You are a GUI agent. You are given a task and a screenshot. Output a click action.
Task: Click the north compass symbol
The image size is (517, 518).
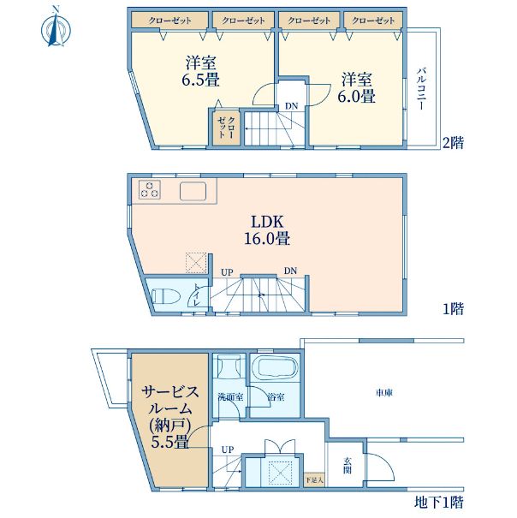pos(56,27)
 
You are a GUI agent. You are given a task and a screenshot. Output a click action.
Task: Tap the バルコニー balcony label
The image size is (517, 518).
pos(421,88)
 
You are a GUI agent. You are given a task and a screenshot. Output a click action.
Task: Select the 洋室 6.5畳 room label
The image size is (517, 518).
pos(201,71)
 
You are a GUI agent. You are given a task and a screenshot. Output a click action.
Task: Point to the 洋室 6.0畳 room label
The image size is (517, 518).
pos(356,87)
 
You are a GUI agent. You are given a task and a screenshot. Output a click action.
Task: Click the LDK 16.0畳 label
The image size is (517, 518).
pos(267,230)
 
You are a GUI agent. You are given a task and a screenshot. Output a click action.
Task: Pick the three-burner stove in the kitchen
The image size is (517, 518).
pos(150,189)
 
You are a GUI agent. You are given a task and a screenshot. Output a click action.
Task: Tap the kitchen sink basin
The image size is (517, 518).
pos(193,191)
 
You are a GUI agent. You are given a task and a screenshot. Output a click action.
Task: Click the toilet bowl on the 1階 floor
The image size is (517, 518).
pos(165,296)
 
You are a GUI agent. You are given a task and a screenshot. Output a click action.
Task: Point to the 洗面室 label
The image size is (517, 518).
pos(230,396)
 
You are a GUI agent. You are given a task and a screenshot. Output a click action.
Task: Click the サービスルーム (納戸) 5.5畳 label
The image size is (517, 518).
pos(170,417)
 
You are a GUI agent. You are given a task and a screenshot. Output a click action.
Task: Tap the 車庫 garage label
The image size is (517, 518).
pos(384,393)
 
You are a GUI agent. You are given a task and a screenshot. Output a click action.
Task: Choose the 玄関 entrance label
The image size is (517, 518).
pos(348,466)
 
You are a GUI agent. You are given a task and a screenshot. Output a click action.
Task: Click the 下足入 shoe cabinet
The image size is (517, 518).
pos(314,479)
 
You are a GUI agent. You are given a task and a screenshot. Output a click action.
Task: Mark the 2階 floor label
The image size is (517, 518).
pos(454,143)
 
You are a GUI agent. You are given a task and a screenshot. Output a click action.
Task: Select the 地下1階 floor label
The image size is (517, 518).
pos(439,502)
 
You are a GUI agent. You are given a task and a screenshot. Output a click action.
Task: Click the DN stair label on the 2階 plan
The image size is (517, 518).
pos(291,106)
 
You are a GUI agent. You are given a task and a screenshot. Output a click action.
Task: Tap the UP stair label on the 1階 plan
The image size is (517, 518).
pos(227,272)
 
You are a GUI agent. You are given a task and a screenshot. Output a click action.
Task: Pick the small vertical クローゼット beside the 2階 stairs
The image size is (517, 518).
pos(226,128)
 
